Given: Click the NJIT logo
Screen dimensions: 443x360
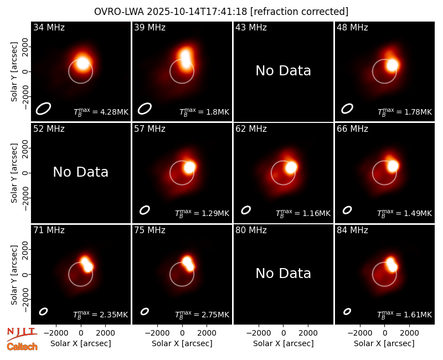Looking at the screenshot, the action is (22, 334).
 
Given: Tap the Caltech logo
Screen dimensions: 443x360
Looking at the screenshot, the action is (22, 347).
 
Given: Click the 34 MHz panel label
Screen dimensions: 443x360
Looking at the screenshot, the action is (49, 27).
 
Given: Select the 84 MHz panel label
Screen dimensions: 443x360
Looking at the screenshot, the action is (352, 230).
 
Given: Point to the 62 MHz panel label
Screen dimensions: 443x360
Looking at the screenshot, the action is (251, 129).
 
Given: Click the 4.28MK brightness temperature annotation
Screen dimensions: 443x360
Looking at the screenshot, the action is (101, 112).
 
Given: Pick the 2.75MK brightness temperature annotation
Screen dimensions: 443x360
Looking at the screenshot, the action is (202, 315).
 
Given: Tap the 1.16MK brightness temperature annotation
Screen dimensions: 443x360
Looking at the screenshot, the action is (303, 213).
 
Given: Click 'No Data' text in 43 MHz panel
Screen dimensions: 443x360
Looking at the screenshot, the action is (284, 71).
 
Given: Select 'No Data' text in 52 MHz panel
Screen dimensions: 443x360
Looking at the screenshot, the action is (81, 172).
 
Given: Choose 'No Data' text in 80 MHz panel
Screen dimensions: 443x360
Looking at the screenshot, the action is (284, 273).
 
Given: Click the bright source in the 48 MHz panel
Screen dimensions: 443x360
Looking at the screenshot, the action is (392, 65).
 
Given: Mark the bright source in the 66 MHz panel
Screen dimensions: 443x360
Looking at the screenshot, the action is (393, 166).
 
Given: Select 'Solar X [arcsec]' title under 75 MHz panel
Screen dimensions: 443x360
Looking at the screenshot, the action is (182, 343).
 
